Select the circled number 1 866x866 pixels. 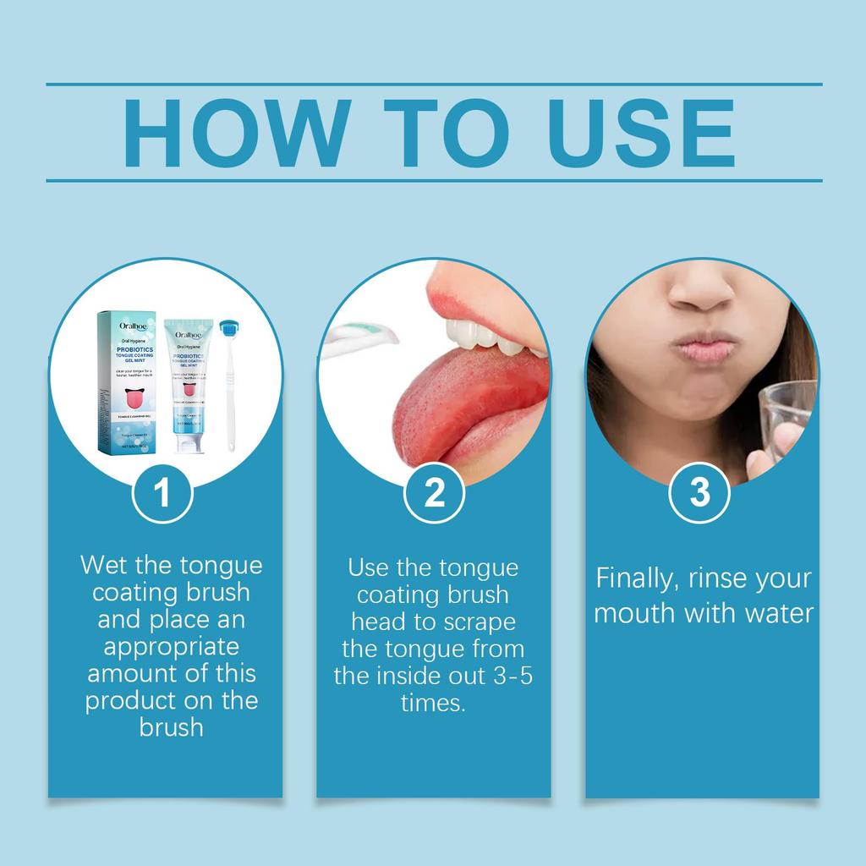[x=163, y=493]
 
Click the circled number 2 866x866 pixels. [x=433, y=493]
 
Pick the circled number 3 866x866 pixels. [x=699, y=493]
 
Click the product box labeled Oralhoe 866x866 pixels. [x=129, y=381]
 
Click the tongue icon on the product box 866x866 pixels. [x=132, y=394]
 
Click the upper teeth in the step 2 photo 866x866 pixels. [x=482, y=335]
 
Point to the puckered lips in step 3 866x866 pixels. [x=704, y=347]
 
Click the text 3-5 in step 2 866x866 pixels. [x=507, y=676]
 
